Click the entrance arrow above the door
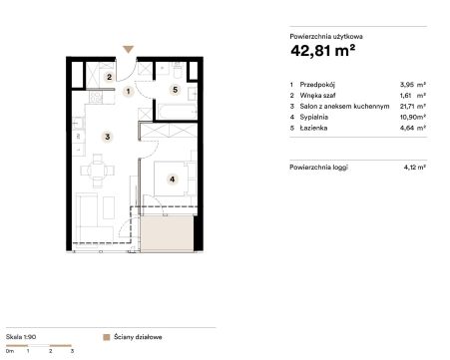tap(128, 49)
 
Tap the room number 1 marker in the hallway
tap(128, 91)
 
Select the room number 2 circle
tap(109, 77)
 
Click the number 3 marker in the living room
tap(107, 137)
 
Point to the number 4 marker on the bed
tap(172, 180)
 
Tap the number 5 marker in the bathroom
tap(175, 90)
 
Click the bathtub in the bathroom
tap(178, 112)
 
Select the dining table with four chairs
tap(98, 171)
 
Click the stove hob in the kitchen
tap(96, 98)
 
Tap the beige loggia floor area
tap(167, 233)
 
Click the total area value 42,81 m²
tap(322, 51)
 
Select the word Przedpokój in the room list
tap(317, 85)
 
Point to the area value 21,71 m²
tap(413, 107)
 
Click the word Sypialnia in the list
tap(314, 117)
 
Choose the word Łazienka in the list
tap(313, 128)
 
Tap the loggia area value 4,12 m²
tap(415, 168)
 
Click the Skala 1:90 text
tap(21, 337)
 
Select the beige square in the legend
tap(107, 337)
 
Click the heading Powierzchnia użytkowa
tap(326, 37)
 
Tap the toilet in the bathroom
tap(178, 70)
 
